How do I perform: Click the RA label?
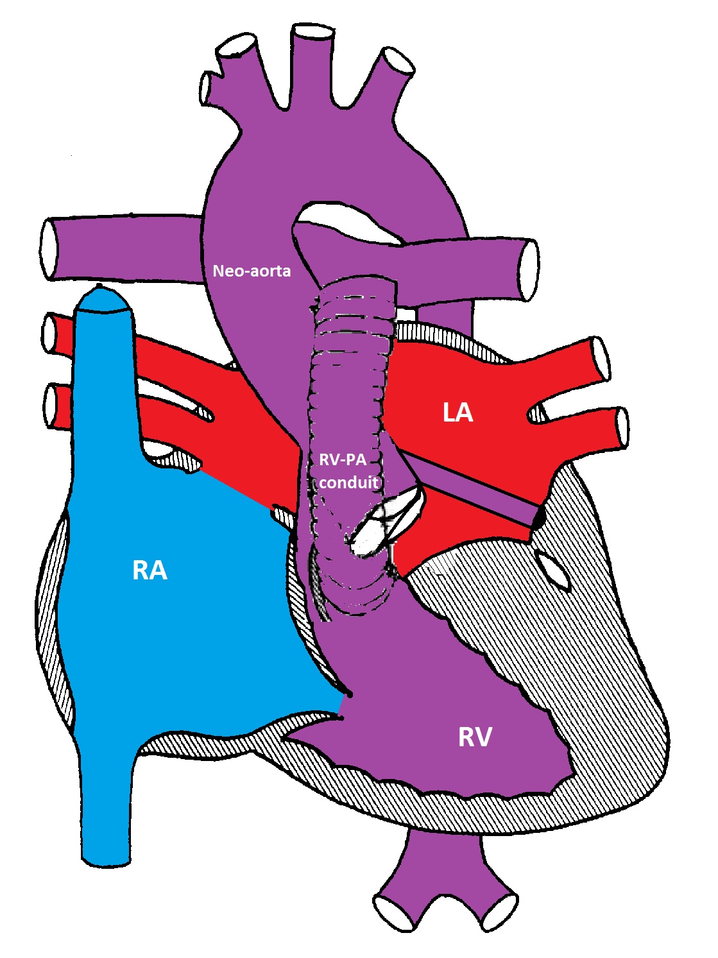(150, 570)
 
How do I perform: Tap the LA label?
(458, 412)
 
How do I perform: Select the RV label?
(475, 737)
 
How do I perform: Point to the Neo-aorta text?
(252, 271)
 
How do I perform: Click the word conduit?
(348, 482)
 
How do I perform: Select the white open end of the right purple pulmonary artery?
(529, 269)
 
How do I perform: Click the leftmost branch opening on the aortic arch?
(207, 89)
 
